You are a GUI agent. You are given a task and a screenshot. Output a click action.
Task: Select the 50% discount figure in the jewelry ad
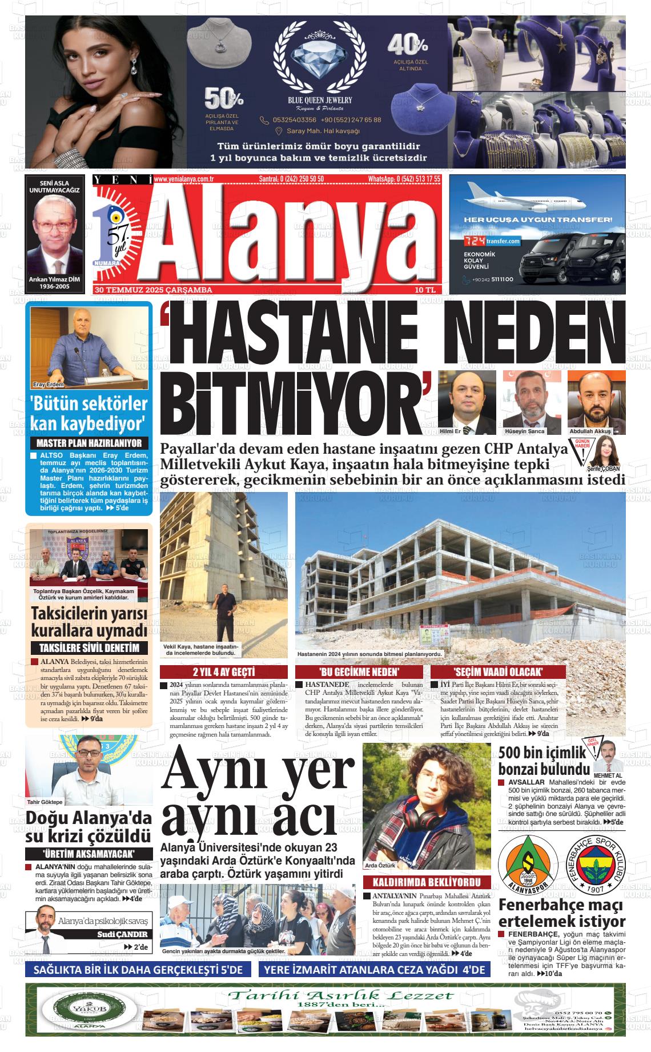[224, 98]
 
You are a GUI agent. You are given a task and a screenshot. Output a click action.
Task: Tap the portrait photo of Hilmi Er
[467, 401]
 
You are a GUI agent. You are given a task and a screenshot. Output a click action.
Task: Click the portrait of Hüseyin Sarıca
[529, 401]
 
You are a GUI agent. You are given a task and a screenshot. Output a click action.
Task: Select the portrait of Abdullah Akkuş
[593, 401]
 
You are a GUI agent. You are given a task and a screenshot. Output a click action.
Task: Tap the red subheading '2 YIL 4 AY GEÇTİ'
[223, 671]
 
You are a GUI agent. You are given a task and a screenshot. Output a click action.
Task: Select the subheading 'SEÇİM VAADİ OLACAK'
[498, 671]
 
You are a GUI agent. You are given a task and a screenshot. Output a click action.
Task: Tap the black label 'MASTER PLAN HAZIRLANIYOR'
[89, 443]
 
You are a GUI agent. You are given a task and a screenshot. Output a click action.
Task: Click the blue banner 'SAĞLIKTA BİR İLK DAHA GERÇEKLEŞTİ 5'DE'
[139, 970]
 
